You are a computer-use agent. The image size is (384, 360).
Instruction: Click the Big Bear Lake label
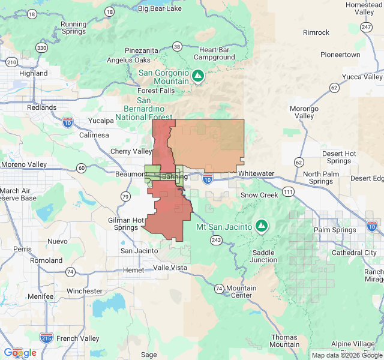click(161, 8)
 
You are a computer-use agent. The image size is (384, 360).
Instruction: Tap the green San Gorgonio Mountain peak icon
click(198, 76)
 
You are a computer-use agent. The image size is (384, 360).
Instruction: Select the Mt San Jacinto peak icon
click(261, 226)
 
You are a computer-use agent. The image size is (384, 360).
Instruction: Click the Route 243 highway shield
click(215, 240)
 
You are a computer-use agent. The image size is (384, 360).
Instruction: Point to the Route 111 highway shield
click(289, 191)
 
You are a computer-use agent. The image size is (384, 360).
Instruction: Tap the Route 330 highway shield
click(41, 47)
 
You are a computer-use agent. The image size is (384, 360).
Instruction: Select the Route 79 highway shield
click(125, 196)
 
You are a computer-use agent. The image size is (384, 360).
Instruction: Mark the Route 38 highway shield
click(176, 46)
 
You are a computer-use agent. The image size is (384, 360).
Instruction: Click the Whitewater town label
click(256, 173)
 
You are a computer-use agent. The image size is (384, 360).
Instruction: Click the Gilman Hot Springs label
click(125, 224)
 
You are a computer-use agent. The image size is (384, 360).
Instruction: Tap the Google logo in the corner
click(20, 353)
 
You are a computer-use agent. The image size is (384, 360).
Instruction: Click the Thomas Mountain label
click(284, 340)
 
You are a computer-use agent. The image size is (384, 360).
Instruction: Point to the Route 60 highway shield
click(81, 168)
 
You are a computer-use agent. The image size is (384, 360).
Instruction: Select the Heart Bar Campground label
click(217, 53)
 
